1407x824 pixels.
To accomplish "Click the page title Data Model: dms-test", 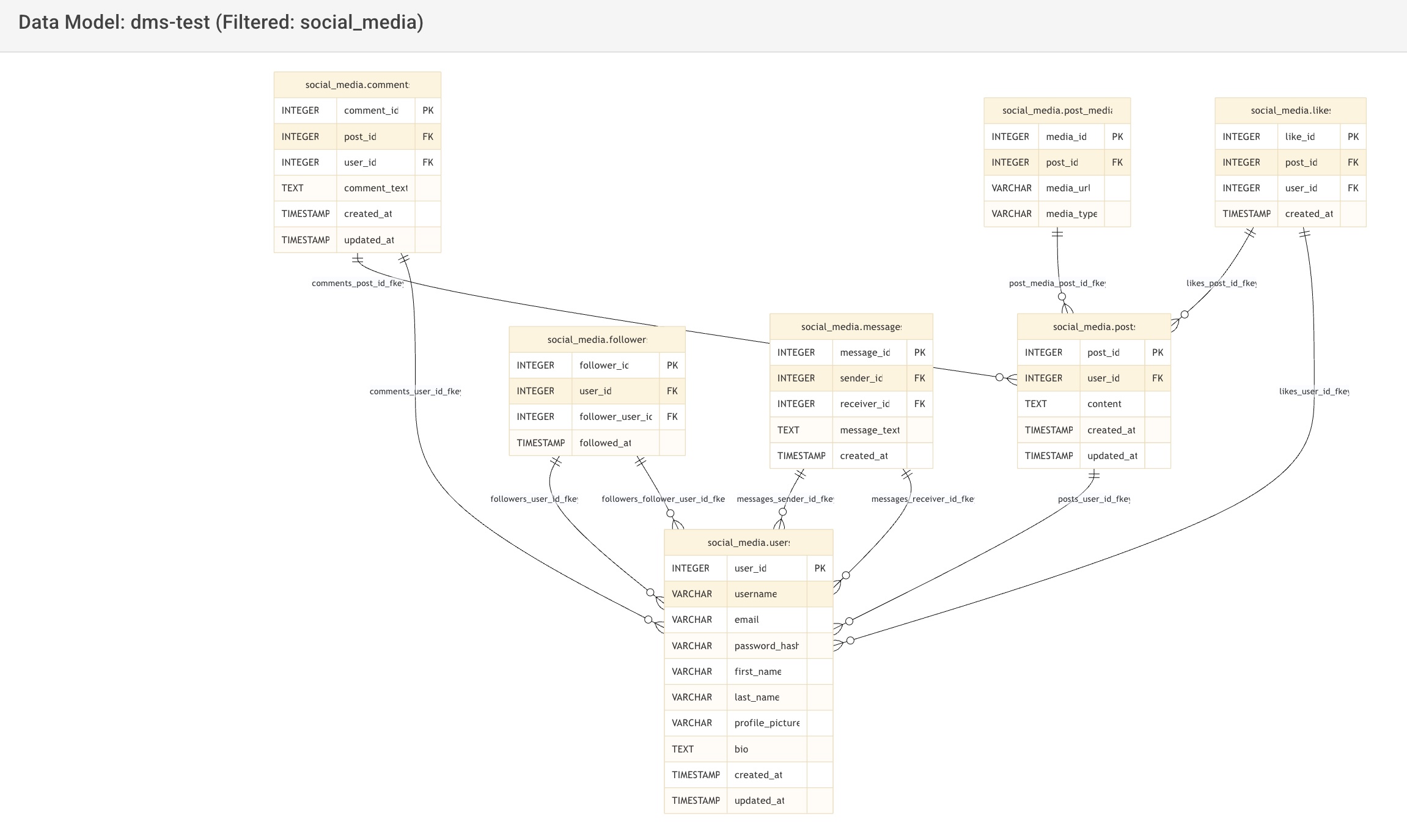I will click(221, 23).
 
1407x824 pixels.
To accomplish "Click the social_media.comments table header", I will click(357, 85).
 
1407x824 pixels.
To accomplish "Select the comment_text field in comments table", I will click(375, 188).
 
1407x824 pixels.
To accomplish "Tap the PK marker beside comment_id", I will click(428, 111).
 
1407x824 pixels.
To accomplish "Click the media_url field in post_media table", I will click(1068, 188).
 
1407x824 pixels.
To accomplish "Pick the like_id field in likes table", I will click(1299, 137).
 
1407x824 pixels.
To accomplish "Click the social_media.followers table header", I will click(597, 340).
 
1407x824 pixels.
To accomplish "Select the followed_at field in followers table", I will click(605, 443).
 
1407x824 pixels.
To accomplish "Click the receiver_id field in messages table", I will click(864, 404).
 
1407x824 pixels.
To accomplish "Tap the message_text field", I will click(869, 430).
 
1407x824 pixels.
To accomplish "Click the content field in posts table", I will click(1104, 404).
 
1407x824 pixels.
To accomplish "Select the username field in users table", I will click(755, 594).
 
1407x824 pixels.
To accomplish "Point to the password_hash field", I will click(766, 646).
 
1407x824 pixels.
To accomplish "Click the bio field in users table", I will click(741, 749).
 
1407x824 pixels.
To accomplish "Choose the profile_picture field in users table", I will click(766, 723).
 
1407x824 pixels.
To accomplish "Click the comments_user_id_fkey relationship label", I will click(415, 392).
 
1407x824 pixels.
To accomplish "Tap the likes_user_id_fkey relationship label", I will click(1313, 392).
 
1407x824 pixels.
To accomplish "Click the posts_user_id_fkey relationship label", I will click(1093, 499).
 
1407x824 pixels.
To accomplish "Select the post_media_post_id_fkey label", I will click(1057, 284).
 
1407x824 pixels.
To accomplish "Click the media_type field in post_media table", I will click(1071, 214).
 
